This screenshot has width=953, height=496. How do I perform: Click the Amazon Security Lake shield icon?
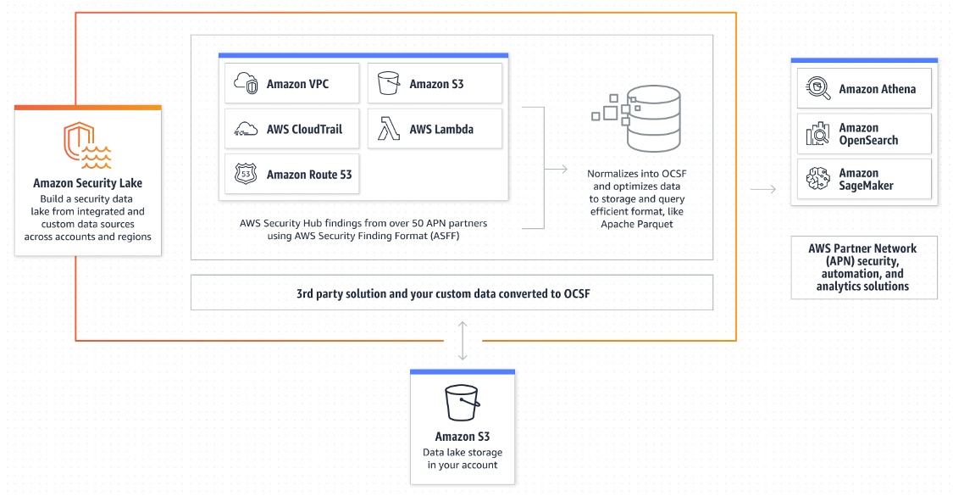point(86,143)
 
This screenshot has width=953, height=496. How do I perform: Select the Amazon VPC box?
point(291,84)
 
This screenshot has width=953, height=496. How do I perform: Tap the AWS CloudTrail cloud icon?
point(246,129)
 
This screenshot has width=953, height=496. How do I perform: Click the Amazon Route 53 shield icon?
point(246,175)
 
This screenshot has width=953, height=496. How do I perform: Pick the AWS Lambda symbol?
point(389,129)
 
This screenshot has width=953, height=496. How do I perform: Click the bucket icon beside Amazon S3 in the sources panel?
point(389,84)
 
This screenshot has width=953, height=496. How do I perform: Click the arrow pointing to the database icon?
point(556,170)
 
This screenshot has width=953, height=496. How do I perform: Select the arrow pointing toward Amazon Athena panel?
point(763,189)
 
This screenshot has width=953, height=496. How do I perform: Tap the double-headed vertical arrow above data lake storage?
point(462,340)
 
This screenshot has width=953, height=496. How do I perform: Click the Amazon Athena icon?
point(817,88)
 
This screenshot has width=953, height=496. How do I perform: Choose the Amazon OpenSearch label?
point(868,134)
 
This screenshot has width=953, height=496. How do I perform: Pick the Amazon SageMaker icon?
point(817,179)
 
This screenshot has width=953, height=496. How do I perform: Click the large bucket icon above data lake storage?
point(463,402)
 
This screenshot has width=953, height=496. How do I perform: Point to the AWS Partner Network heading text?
point(863,248)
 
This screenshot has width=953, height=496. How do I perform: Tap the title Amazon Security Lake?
point(88,183)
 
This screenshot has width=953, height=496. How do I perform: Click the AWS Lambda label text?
point(441,130)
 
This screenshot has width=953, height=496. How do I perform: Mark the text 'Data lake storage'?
point(463,452)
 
